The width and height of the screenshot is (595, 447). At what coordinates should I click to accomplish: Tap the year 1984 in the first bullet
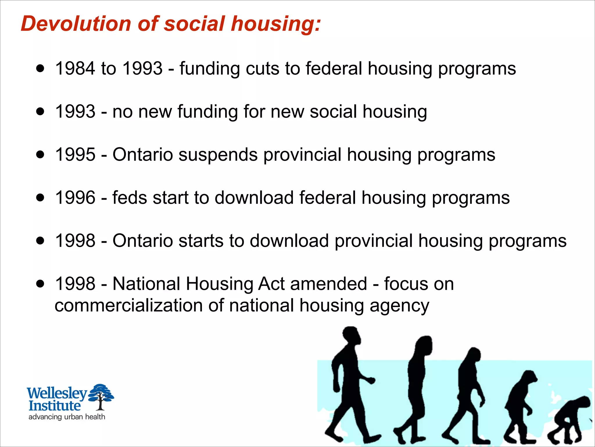coord(75,69)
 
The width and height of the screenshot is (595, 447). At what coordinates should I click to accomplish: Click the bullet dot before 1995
coord(40,154)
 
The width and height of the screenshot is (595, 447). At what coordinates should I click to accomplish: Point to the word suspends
coord(218,155)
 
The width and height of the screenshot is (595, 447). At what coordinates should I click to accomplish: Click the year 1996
coord(75,198)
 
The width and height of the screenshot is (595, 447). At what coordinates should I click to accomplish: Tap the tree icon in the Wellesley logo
coord(101,396)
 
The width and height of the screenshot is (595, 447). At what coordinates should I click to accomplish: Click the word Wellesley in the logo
coord(57,393)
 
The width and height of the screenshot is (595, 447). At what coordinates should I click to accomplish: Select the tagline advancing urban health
coord(67,417)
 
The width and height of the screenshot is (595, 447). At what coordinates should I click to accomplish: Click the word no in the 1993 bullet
coord(122,112)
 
